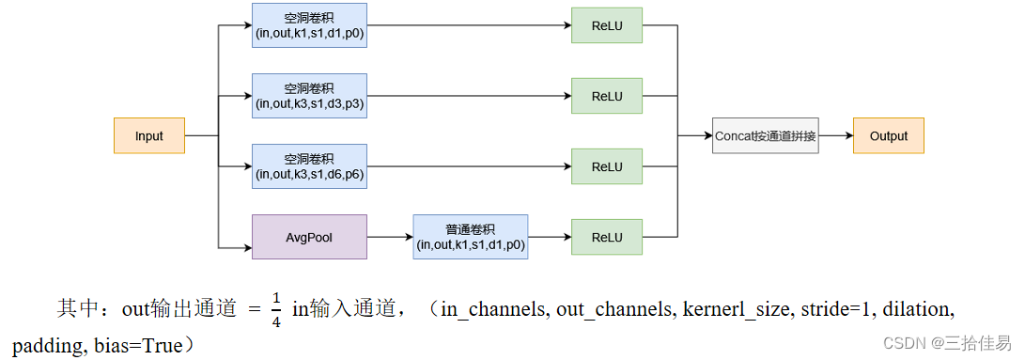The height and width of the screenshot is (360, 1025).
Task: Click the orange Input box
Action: [x=148, y=135]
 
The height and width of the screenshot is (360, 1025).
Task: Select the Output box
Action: [x=888, y=135]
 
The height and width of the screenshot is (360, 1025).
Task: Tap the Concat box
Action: [x=765, y=135]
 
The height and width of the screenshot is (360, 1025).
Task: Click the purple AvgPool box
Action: [x=309, y=237]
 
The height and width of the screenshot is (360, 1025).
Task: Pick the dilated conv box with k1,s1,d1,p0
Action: [x=309, y=25]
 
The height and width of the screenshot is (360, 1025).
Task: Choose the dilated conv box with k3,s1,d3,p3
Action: [x=309, y=96]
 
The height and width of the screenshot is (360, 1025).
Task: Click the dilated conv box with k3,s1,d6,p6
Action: [x=309, y=166]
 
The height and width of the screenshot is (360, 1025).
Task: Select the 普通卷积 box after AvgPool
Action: [x=470, y=237]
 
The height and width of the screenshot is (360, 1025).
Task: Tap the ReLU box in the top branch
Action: [x=606, y=25]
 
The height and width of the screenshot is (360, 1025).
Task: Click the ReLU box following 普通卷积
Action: [x=606, y=237]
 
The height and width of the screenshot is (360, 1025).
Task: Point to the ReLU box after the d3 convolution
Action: [x=606, y=96]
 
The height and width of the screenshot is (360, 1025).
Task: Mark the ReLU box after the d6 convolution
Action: [x=606, y=166]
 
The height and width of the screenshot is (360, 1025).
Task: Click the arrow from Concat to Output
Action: [x=835, y=135]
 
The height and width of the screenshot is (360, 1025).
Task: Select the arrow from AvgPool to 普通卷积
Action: [x=389, y=237]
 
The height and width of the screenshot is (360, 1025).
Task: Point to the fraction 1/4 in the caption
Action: [x=276, y=308]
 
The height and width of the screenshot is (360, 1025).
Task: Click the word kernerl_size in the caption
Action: [x=738, y=308]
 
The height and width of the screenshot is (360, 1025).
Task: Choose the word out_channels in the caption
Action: [x=612, y=308]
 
